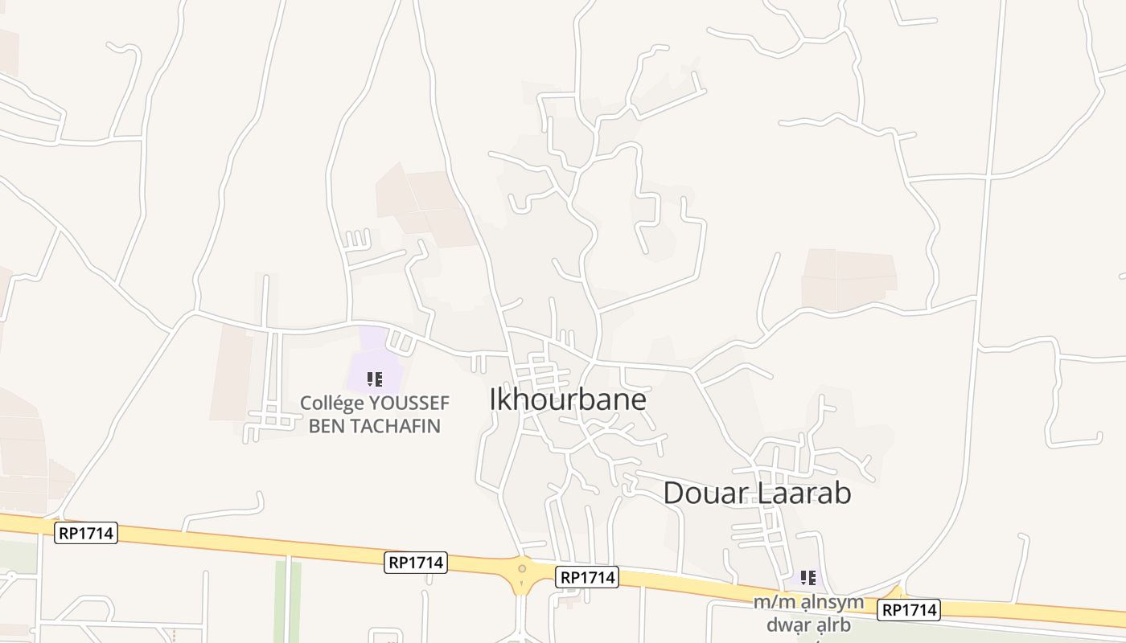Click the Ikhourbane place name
[x=568, y=399]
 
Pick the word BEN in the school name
[x=327, y=426]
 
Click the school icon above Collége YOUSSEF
[x=374, y=379]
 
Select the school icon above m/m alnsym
[x=808, y=577]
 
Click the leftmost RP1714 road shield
[x=86, y=532]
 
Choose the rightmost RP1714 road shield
[x=909, y=610]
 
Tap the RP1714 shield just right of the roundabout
[x=587, y=577]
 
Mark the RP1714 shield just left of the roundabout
[x=416, y=563]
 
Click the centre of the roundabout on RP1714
[x=522, y=569]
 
